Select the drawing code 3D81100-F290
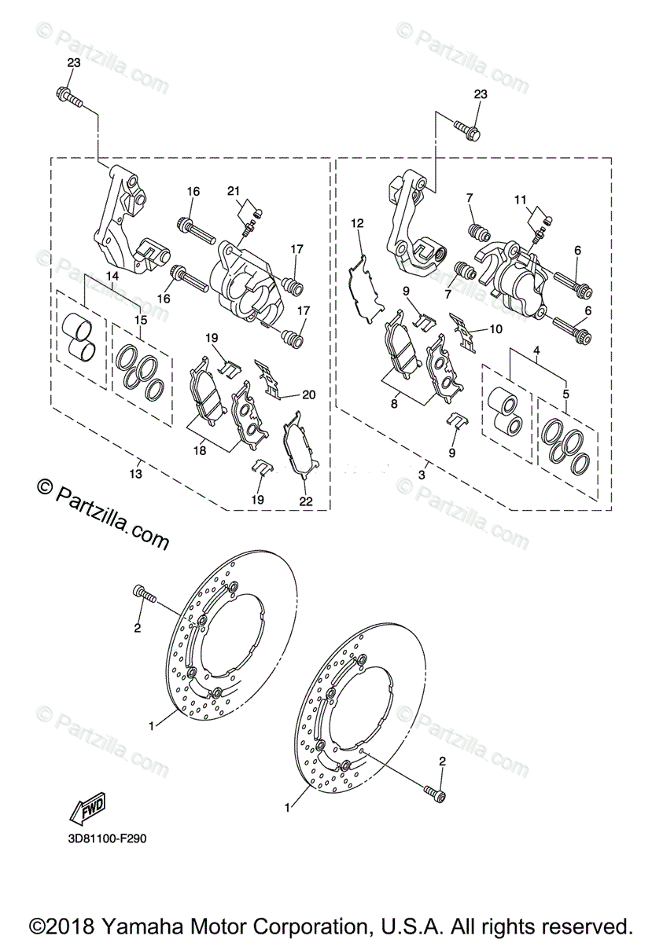[107, 838]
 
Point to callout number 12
[357, 224]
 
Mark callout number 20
[308, 394]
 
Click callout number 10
[495, 330]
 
